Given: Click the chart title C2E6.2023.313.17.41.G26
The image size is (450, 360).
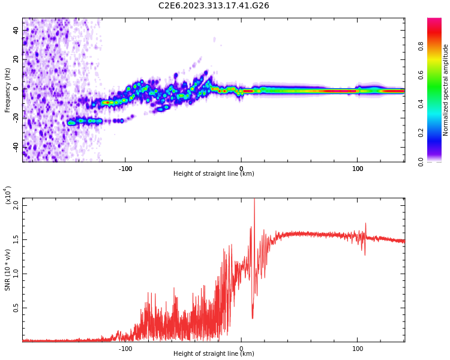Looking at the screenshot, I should [214, 6].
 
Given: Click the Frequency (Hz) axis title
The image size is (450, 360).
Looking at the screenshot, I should [8, 90].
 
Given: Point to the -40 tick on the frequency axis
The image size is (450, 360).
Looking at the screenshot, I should [16, 147].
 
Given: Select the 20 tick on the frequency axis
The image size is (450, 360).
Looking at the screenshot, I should [17, 59].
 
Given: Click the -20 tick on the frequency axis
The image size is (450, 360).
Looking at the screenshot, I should [16, 118].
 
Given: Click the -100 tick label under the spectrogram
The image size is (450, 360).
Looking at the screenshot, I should [125, 169].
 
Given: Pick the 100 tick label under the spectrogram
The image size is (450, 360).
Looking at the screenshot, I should [358, 169].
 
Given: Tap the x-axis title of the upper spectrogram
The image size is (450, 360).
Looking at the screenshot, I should [214, 174].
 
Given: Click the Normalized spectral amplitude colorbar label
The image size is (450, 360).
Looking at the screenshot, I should [446, 90].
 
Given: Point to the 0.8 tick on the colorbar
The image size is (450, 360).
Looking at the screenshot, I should [437, 46].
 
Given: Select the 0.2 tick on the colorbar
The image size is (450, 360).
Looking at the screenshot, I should [437, 133].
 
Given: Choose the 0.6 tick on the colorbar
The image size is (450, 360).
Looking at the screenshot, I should [437, 75].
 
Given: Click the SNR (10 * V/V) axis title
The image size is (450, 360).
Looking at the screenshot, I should [8, 270].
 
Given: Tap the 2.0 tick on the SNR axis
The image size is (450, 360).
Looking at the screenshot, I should [16, 205].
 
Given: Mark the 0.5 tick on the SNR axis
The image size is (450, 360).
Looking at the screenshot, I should [16, 308].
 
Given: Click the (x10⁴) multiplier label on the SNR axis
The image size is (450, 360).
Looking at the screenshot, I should [8, 196].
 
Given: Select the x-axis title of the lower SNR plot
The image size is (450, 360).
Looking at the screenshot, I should [214, 354].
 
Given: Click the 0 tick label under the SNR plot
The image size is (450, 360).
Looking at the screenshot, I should [241, 349].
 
